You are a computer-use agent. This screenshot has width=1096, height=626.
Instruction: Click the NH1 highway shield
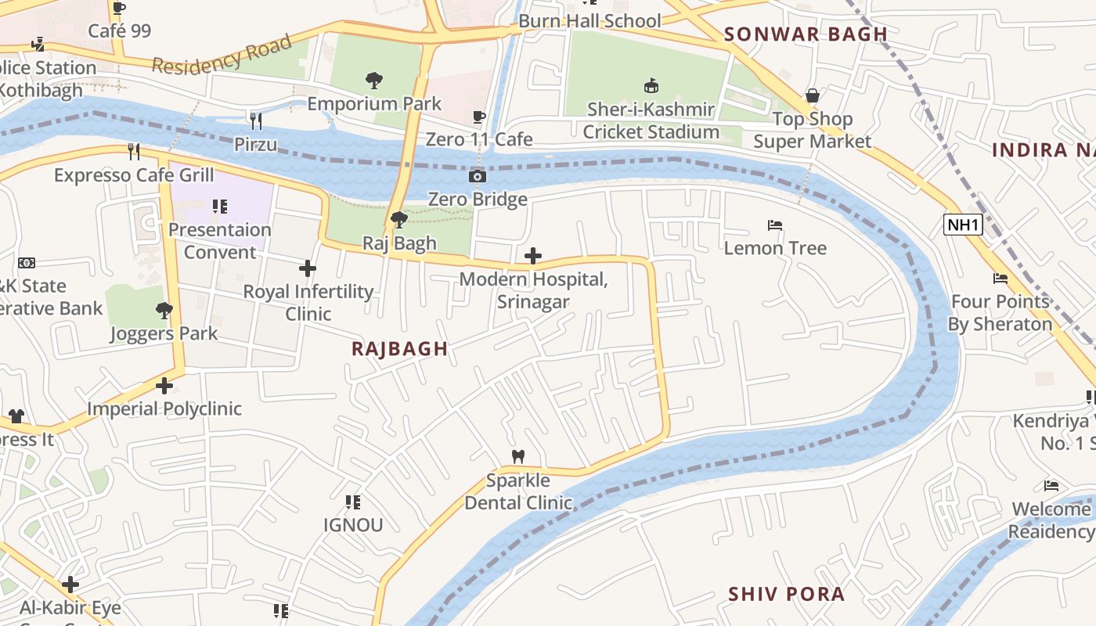tap(963, 225)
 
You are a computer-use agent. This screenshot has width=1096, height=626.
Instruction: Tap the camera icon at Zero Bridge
tap(477, 177)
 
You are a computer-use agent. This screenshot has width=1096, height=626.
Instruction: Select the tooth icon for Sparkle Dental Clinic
tap(517, 456)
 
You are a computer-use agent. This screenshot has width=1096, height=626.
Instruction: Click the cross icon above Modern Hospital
tap(533, 256)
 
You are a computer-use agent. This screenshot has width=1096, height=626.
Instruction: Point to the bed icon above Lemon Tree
tap(775, 226)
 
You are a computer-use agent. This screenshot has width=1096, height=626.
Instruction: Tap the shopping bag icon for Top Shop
tap(813, 95)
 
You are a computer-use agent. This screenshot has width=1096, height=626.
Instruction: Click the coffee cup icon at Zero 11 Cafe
tap(479, 117)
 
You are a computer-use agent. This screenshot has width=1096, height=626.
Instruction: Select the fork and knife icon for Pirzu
tap(255, 121)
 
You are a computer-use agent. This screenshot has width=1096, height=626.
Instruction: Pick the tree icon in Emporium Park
tap(374, 80)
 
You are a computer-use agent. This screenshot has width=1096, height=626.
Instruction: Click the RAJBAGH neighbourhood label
tap(400, 349)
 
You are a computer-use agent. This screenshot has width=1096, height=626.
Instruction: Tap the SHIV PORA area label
tap(787, 594)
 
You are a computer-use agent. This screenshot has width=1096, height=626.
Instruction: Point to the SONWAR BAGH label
tap(806, 34)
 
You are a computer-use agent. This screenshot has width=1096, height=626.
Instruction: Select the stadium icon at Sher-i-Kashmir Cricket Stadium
tap(651, 85)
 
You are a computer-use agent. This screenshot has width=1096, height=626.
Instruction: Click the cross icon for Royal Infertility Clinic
tap(308, 268)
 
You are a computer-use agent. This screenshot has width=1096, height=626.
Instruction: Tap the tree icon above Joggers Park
tap(164, 311)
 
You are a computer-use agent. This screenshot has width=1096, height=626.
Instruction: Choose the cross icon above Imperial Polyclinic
tap(164, 386)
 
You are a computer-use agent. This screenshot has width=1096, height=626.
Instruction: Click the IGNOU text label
tap(353, 524)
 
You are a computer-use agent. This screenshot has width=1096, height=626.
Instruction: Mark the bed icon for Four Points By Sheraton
tap(1000, 279)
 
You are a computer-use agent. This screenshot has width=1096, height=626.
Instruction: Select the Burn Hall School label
tap(589, 21)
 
